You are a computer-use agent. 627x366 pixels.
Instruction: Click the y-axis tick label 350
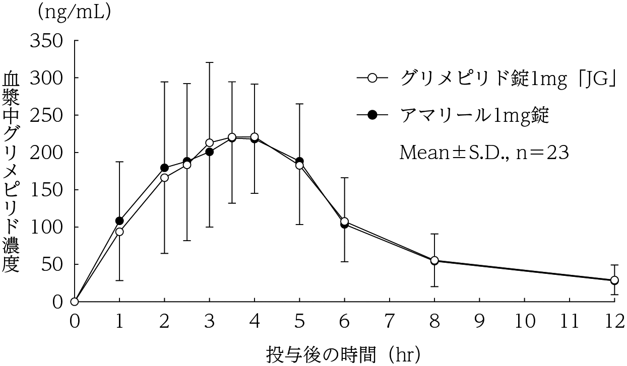point(47,41)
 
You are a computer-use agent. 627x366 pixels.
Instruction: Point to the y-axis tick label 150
point(47,190)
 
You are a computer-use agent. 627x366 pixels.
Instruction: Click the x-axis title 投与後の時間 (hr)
point(343,354)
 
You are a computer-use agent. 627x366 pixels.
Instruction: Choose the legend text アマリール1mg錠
point(474,115)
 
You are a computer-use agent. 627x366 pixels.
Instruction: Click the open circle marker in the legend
point(372,79)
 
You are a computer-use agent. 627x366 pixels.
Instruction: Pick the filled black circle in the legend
point(372,115)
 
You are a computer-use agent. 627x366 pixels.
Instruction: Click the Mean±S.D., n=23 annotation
point(484,152)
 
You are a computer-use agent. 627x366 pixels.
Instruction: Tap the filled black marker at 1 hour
point(119,221)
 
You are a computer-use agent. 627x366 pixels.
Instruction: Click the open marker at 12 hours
point(614,280)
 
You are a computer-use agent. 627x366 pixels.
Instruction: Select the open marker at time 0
point(75,302)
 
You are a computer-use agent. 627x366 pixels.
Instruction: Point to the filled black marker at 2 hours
point(164,168)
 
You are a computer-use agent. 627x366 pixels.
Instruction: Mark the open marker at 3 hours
point(209,143)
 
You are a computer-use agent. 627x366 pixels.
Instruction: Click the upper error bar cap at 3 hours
point(209,62)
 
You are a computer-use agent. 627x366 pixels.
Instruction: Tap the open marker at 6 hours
point(344,221)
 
